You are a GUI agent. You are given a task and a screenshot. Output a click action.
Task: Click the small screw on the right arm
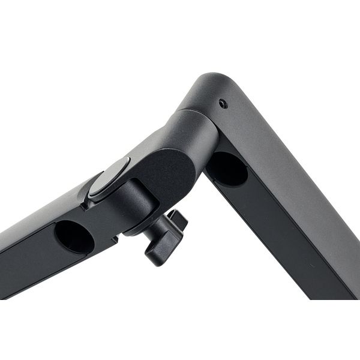pos(223,104)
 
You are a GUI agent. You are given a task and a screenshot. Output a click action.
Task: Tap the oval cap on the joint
pos(109,179)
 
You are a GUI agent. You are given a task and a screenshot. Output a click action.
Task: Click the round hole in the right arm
pos(227,169)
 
